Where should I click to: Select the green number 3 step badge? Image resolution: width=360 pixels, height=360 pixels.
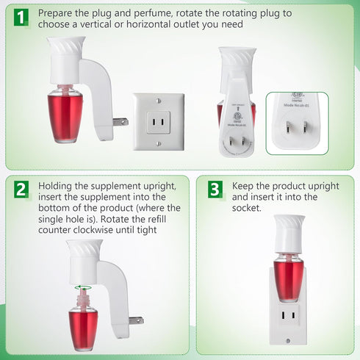click(x=215, y=190)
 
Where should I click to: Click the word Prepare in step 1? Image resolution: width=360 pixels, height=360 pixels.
click(x=56, y=13)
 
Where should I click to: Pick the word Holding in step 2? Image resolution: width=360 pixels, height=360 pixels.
click(x=57, y=187)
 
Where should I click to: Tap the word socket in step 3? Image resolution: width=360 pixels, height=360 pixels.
click(x=248, y=208)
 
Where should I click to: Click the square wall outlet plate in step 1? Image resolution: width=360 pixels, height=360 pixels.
click(x=158, y=121)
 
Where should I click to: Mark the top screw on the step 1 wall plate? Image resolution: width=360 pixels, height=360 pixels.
click(x=158, y=100)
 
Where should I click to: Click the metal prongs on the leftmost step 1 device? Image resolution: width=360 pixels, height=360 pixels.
click(x=120, y=121)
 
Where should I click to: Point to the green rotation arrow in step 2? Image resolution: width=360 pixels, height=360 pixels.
click(x=82, y=280)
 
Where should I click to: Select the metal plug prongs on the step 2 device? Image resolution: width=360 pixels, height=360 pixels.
click(x=135, y=320)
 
